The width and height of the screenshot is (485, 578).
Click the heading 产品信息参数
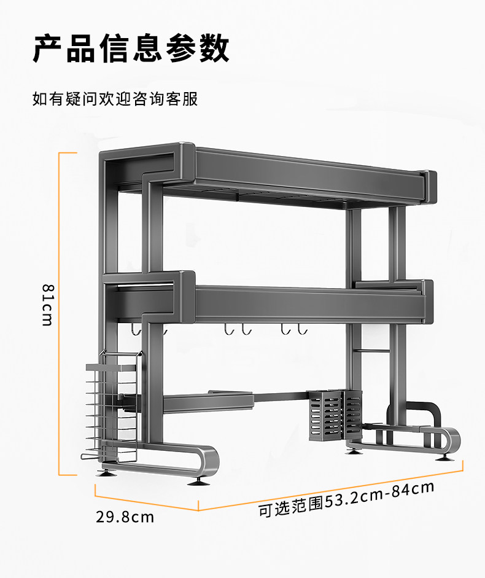[131, 49]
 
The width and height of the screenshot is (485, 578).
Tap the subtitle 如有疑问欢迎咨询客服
[115, 99]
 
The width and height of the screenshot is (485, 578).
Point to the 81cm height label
[47, 305]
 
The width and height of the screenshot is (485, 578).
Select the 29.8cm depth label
[125, 517]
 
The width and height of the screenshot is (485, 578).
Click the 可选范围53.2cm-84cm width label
[346, 499]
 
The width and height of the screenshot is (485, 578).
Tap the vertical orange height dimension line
[60, 313]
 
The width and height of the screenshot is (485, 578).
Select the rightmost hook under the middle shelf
[301, 330]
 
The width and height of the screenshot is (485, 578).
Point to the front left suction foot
[198, 480]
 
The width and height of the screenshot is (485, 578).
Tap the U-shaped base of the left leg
[184, 464]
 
